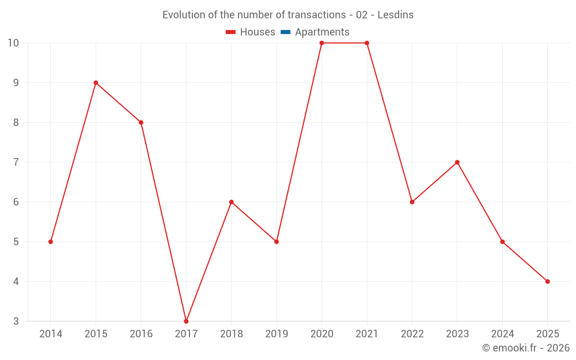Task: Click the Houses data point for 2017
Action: (186, 321)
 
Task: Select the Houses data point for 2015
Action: (96, 83)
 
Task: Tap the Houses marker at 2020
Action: (321, 43)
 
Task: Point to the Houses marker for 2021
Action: (367, 43)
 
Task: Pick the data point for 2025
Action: (547, 282)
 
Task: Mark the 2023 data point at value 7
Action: (457, 162)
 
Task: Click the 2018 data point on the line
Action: (232, 202)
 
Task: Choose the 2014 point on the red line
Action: (51, 242)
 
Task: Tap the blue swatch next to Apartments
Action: (286, 32)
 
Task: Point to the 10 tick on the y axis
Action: (13, 43)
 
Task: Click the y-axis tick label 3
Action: (16, 321)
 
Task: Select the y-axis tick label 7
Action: (16, 162)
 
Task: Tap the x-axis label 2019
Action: (276, 334)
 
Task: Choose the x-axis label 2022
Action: (412, 334)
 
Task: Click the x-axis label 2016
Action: (141, 334)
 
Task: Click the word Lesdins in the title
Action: (396, 15)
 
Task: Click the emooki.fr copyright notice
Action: (525, 348)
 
